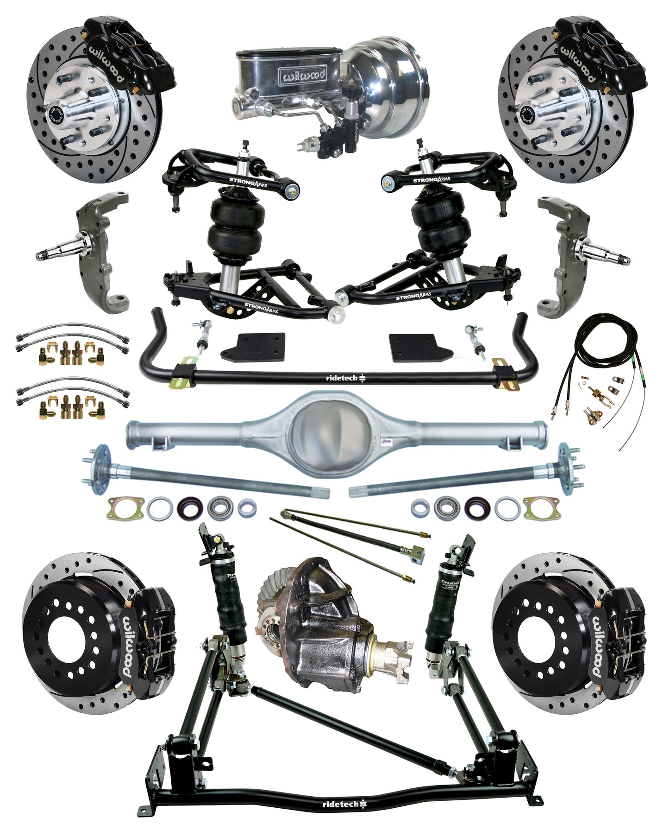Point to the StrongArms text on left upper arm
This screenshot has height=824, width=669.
click(x=248, y=182)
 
